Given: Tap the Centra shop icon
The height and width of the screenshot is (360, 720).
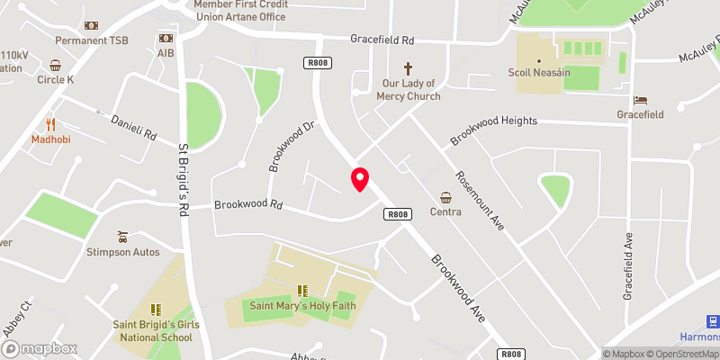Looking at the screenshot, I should tap(446, 197).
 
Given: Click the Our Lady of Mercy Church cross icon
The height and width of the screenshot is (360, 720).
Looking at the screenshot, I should tap(408, 68).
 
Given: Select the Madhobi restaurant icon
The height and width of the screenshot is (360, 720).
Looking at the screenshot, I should tap(51, 125).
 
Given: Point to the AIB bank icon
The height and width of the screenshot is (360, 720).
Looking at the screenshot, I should tap(166, 38).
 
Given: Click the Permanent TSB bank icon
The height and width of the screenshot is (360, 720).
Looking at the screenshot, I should tap(92, 26).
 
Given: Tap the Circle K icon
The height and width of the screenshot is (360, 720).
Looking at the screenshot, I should tap(56, 65).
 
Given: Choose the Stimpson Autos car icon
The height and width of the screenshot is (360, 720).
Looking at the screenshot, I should tap(123, 237).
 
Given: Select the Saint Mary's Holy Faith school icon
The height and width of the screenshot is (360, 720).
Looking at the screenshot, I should tap(303, 290).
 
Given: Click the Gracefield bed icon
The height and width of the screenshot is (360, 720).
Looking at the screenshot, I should tap(640, 99).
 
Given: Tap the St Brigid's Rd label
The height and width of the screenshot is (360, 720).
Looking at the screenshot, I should tap(184, 180).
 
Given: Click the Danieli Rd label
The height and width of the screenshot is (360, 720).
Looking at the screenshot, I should tap(133, 127).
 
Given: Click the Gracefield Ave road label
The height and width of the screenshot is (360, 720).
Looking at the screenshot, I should tap(629, 265).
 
